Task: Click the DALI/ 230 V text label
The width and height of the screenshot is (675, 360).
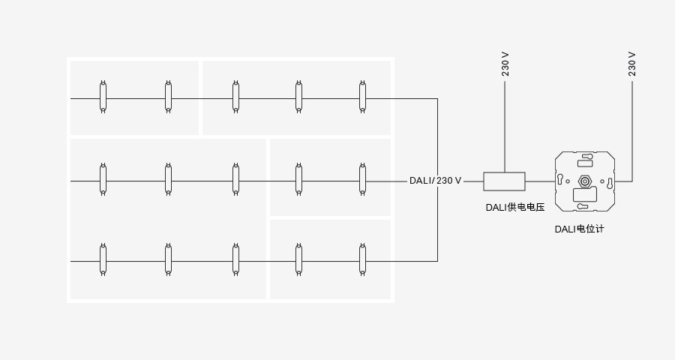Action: tap(435, 181)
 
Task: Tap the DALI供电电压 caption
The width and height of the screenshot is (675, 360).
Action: tap(515, 207)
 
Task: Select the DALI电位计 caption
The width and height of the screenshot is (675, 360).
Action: tap(579, 229)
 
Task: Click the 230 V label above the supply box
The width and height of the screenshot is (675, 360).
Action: tap(505, 64)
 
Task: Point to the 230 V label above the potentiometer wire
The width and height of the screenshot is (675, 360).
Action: tap(632, 64)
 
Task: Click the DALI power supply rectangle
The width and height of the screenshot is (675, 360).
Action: tap(504, 181)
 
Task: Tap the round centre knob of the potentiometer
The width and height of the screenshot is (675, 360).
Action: tap(584, 181)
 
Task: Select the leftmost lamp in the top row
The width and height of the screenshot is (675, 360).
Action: tap(103, 97)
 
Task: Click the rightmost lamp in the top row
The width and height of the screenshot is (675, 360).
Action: tap(362, 97)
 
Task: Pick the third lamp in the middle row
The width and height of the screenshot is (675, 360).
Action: tap(235, 179)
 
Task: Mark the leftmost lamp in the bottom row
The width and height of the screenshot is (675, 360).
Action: tap(103, 259)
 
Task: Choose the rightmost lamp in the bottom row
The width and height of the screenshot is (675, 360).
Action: tap(362, 259)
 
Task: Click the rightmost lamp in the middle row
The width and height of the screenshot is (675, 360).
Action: tap(362, 179)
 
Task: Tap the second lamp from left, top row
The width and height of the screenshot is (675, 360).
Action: tap(168, 97)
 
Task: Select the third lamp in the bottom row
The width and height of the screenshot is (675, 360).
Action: tap(235, 259)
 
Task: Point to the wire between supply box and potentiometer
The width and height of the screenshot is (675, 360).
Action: tap(540, 181)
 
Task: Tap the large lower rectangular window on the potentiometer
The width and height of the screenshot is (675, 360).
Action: tap(584, 195)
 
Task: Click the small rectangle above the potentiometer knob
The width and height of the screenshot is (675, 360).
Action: tap(584, 163)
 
